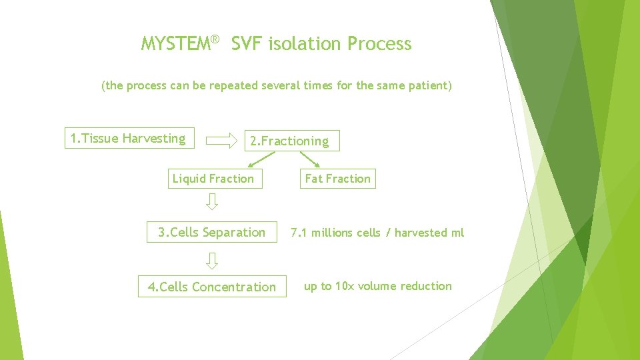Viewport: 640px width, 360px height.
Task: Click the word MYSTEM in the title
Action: pyautogui.click(x=175, y=45)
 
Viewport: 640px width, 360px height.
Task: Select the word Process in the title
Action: pyautogui.click(x=379, y=45)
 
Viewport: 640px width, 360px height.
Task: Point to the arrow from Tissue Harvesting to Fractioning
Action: pyautogui.click(x=221, y=141)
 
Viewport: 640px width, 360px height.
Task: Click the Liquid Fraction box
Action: pyautogui.click(x=214, y=179)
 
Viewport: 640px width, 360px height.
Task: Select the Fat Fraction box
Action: pyautogui.click(x=337, y=179)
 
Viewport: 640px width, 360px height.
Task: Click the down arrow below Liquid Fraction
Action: pyautogui.click(x=212, y=201)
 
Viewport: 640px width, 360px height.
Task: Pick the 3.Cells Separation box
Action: pyautogui.click(x=212, y=232)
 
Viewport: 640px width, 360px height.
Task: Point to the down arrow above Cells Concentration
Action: pyautogui.click(x=212, y=261)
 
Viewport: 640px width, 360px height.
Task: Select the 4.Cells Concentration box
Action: pyautogui.click(x=212, y=287)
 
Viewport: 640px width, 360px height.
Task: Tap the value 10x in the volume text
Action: pyautogui.click(x=345, y=286)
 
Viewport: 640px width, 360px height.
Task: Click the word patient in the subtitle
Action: pyautogui.click(x=428, y=86)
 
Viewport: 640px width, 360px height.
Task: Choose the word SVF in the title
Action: pyautogui.click(x=247, y=45)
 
